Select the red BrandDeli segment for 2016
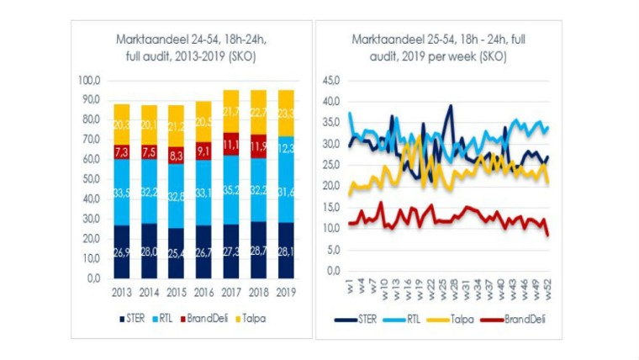(x=203, y=152)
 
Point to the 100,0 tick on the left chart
(x=89, y=81)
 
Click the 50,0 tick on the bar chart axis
(x=91, y=179)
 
